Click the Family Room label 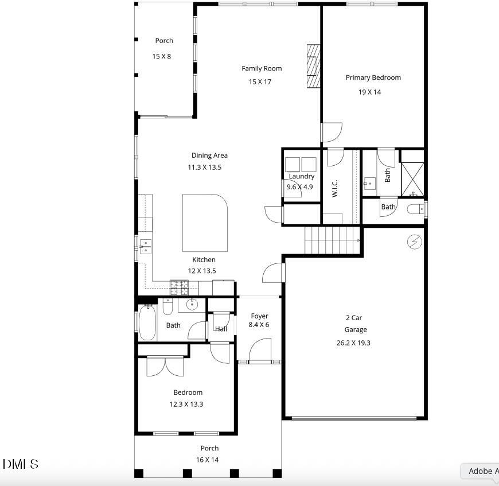point(262,68)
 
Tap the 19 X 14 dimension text point(370,92)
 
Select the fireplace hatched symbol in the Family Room point(313,66)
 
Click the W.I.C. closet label point(335,188)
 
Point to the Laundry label point(301,177)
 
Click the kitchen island point(205,223)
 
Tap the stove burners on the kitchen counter point(179,285)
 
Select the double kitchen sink point(146,246)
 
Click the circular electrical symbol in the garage point(414,242)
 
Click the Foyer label point(259,316)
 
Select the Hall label point(221,329)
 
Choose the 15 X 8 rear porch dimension point(161,56)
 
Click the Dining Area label point(209,155)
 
